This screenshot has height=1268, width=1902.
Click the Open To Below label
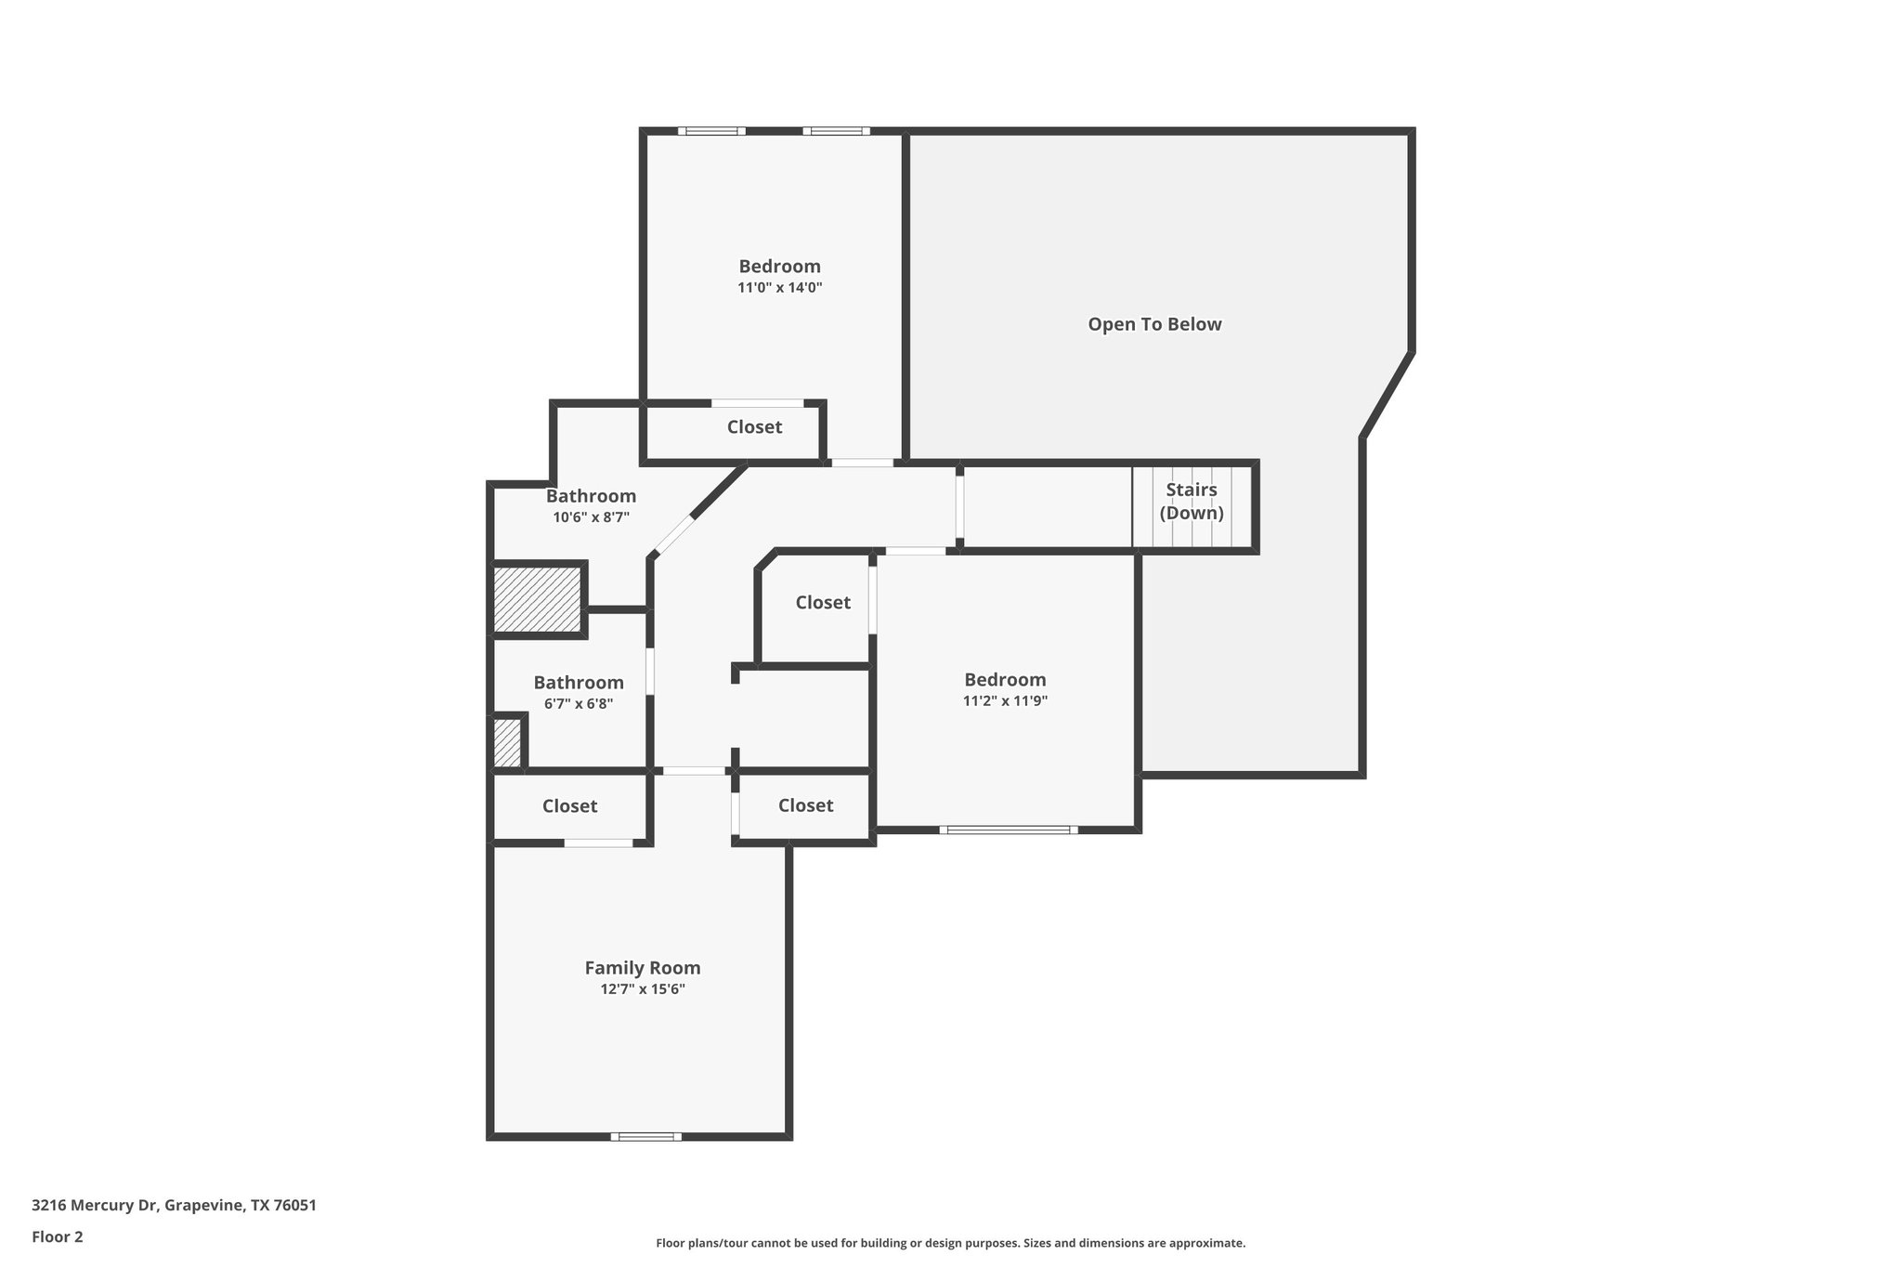[1154, 324]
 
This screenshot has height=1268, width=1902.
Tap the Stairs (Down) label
[1192, 502]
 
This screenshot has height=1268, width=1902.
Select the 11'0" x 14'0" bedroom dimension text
[779, 288]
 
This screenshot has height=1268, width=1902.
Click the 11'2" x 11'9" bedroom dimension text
[1005, 701]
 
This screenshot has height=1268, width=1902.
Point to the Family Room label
[642, 968]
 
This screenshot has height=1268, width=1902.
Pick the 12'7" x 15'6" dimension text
[642, 989]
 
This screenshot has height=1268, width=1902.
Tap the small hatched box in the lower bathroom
[506, 743]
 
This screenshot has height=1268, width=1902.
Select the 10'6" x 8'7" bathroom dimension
[591, 517]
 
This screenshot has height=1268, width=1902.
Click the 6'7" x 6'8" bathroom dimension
[578, 704]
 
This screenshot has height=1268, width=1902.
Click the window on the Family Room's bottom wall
[645, 1136]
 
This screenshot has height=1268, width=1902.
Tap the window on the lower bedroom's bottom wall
[1009, 830]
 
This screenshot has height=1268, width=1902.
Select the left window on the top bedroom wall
[711, 131]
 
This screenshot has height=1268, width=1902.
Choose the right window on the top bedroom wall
[836, 131]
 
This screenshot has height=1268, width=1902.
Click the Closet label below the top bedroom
[754, 427]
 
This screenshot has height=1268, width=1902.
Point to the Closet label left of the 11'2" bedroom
[823, 603]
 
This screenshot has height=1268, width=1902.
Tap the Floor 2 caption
[58, 1236]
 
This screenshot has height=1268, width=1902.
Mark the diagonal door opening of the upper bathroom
[674, 535]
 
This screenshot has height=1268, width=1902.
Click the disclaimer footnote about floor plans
[950, 1243]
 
